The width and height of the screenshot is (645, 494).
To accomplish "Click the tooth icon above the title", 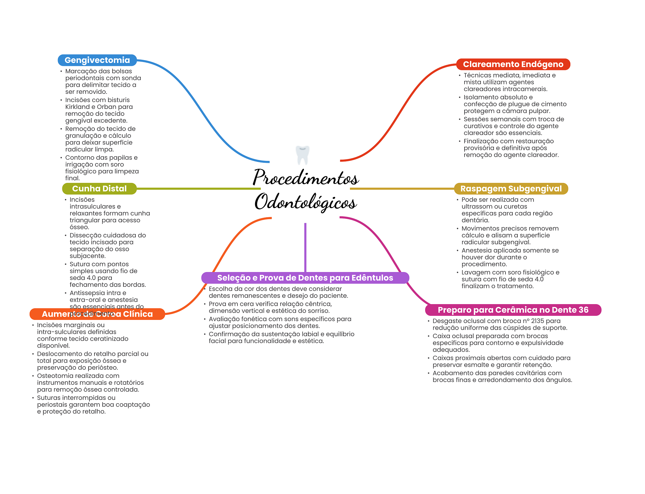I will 303,155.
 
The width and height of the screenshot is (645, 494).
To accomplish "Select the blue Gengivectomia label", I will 97,60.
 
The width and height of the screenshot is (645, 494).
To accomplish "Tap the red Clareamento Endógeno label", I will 513,64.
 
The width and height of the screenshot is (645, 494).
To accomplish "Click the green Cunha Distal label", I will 99,189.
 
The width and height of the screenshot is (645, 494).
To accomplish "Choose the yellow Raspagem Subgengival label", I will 511,189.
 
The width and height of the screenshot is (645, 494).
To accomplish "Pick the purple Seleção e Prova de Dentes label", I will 305,278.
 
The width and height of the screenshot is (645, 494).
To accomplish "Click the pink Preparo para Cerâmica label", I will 513,310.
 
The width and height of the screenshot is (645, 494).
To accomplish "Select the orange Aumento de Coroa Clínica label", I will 97,314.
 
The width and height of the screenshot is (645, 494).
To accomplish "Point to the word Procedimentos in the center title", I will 305,177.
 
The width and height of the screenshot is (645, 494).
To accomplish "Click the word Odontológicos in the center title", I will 305,202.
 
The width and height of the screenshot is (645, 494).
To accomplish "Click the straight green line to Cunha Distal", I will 198,189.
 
